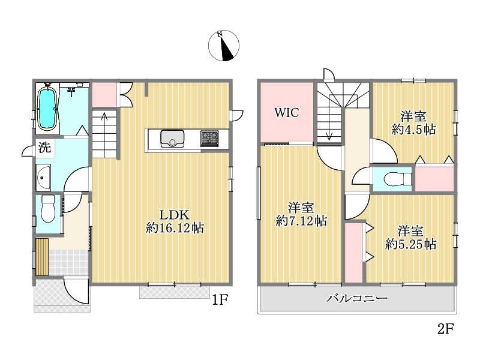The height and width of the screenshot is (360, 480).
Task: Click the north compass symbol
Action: [x=224, y=46]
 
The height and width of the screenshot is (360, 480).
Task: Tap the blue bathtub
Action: [x=47, y=109]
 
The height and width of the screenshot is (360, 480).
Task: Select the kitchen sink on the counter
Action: [x=172, y=139]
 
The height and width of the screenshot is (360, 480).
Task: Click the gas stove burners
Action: [x=209, y=139]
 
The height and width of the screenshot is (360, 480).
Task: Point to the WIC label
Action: [x=287, y=113]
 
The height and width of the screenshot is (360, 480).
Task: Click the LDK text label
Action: [x=175, y=215]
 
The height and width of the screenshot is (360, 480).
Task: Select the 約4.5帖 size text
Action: [x=413, y=130]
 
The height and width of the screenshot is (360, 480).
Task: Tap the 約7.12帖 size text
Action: [x=301, y=221]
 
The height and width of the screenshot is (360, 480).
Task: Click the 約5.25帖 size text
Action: [x=410, y=244]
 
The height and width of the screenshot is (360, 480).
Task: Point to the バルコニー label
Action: [x=356, y=298]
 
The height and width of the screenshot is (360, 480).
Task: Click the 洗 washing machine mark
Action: [x=44, y=148]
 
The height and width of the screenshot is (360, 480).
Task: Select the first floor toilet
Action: [x=48, y=208]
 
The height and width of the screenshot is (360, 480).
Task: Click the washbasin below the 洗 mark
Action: [x=43, y=177]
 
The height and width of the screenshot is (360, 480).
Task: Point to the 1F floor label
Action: [x=220, y=299]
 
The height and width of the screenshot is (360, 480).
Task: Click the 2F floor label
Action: [x=445, y=329]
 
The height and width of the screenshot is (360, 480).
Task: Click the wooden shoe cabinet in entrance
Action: [x=42, y=257]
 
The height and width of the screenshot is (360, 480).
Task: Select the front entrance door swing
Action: [x=76, y=292]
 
